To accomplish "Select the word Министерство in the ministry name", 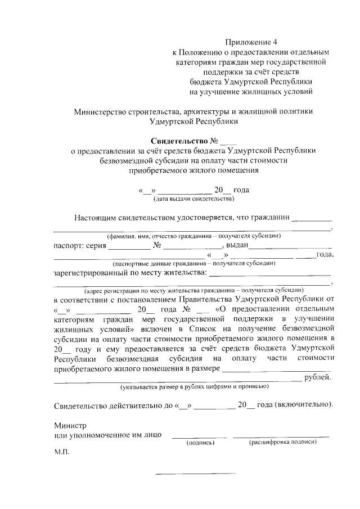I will [100, 111].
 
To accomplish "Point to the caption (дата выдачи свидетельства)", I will [194, 199].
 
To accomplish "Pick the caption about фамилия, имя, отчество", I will [194, 236].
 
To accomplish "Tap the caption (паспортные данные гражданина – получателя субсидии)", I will [194, 263].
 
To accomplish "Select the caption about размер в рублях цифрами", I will [194, 387].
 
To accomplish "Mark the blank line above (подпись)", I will [199, 436].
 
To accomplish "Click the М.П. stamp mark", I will [61, 452].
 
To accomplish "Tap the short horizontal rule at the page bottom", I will [195, 473].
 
